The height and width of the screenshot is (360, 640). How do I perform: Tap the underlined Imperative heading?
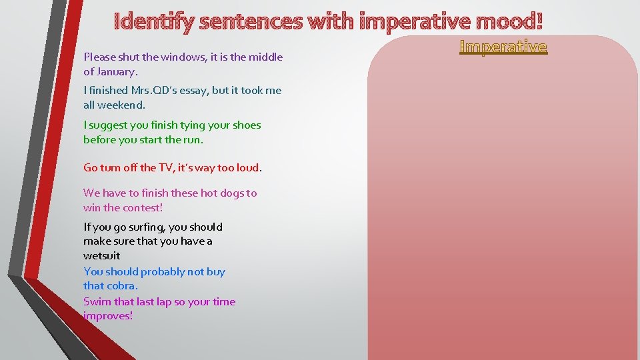[x=503, y=47]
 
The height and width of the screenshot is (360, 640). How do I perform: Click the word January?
[x=117, y=71]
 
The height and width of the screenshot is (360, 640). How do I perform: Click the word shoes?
[x=246, y=125]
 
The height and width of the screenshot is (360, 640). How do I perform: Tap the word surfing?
[x=141, y=227]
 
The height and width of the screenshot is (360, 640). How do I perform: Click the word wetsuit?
[x=102, y=255]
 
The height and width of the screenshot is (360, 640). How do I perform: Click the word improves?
[x=108, y=316]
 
